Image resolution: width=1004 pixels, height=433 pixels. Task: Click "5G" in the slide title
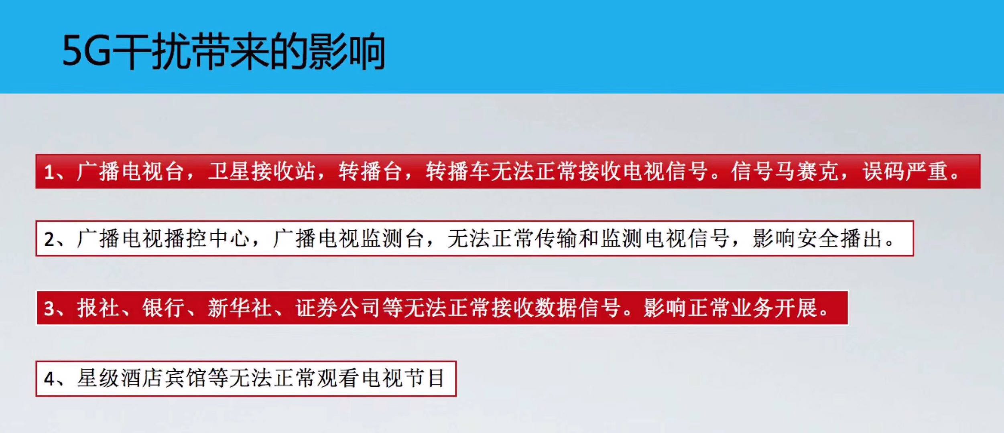pyautogui.click(x=86, y=51)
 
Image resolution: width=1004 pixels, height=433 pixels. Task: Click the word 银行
pyautogui.click(x=164, y=308)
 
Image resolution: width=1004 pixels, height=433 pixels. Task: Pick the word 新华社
pyautogui.click(x=240, y=308)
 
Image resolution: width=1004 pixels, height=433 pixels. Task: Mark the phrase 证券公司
pyautogui.click(x=338, y=308)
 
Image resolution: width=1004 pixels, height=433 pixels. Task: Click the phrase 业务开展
pyautogui.click(x=774, y=308)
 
